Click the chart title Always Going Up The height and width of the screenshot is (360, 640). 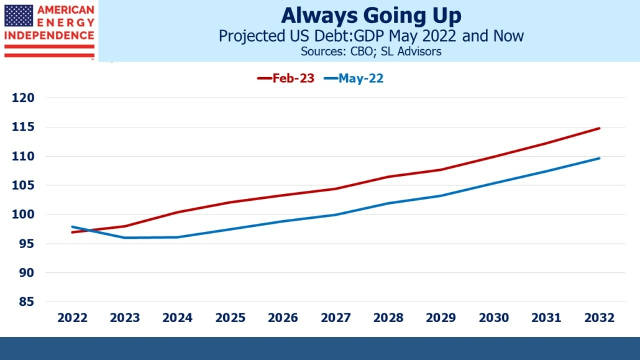click(x=370, y=16)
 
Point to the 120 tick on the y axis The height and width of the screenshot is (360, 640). click(x=24, y=98)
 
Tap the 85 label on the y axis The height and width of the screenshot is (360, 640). click(x=28, y=302)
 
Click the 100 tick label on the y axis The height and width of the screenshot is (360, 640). click(x=24, y=215)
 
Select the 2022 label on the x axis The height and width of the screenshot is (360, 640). click(x=73, y=318)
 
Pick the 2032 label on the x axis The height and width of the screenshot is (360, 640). click(x=599, y=318)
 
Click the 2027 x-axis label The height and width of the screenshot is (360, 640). click(x=336, y=318)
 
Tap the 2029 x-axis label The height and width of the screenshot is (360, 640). click(x=441, y=318)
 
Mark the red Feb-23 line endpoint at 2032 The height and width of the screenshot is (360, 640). click(x=599, y=128)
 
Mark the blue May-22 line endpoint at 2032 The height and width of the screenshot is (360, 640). click(x=599, y=158)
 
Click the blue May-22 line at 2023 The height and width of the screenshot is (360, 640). click(x=126, y=238)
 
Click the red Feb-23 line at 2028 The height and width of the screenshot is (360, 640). click(x=388, y=177)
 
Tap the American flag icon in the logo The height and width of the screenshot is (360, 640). click(x=19, y=16)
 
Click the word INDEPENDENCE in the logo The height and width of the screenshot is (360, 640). click(x=49, y=35)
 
